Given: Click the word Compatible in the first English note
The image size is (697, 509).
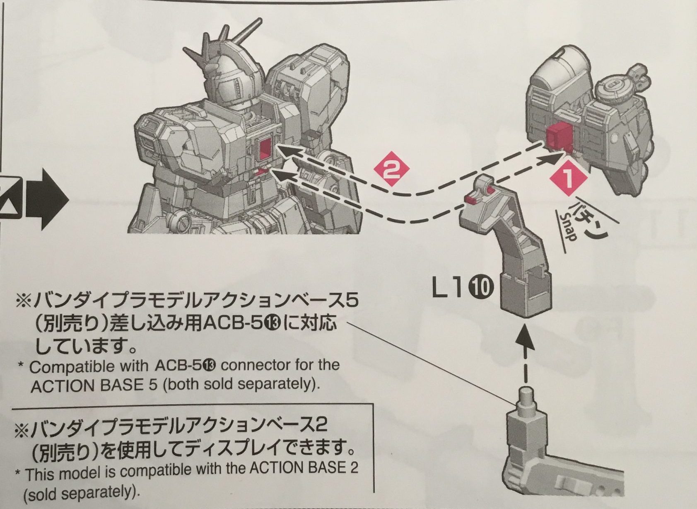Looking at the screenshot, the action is [x=89, y=367].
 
